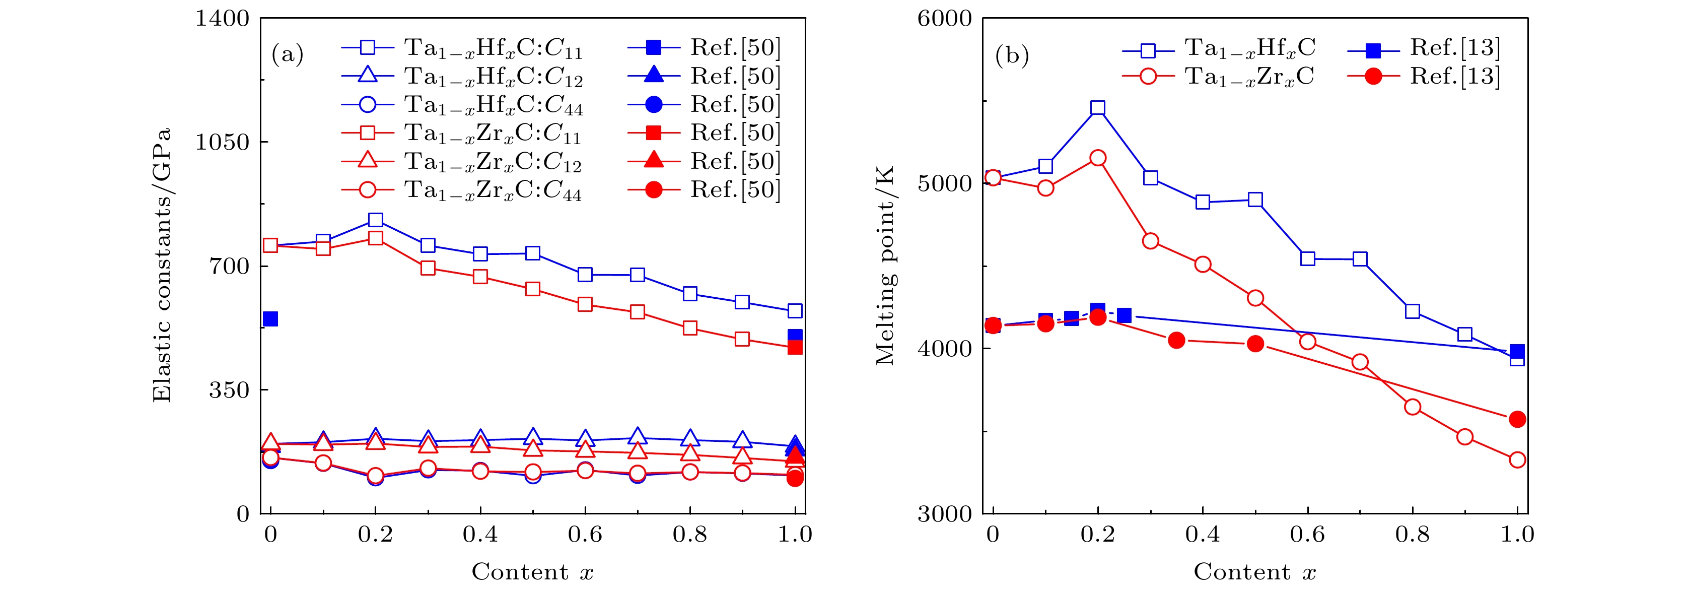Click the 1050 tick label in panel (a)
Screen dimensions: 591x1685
tap(223, 142)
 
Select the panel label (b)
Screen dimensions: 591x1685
tap(1011, 55)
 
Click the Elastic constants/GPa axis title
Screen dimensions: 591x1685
tap(162, 265)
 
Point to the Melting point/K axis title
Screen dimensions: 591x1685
tap(885, 265)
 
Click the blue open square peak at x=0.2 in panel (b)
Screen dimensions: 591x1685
tap(1098, 108)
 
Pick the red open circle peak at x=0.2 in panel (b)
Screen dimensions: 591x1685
tap(1098, 158)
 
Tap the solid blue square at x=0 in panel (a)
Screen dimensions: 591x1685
tap(270, 319)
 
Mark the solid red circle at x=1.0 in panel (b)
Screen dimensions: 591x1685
tap(1517, 419)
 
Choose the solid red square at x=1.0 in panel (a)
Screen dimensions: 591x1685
tap(795, 347)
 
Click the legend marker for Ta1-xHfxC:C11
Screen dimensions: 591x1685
tap(368, 48)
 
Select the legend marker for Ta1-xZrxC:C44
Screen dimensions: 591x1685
tap(368, 190)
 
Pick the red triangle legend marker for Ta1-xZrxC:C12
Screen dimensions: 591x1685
tap(368, 161)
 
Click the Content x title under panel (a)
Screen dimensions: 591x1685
tap(532, 572)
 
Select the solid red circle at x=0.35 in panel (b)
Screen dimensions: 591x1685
tap(1176, 340)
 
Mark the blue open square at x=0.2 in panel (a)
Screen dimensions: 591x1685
tap(376, 220)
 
